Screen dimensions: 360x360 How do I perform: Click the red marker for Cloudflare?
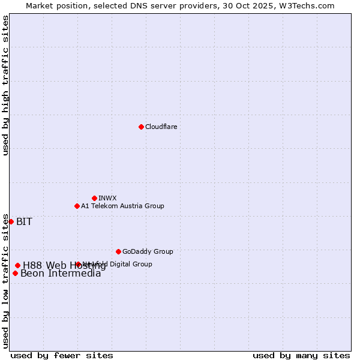click(141, 127)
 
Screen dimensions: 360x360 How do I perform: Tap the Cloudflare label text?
click(161, 127)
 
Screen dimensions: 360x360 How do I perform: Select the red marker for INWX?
click(94, 198)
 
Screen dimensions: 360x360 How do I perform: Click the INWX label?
click(107, 198)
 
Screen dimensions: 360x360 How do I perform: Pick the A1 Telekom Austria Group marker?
click(77, 206)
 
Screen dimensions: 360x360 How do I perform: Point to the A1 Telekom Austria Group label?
click(122, 206)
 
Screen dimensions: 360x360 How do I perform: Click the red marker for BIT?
click(11, 221)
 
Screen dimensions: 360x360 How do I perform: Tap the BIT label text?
click(24, 221)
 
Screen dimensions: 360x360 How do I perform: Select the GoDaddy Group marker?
click(118, 251)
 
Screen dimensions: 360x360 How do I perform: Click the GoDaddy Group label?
click(148, 251)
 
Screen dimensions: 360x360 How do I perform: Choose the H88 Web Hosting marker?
click(17, 265)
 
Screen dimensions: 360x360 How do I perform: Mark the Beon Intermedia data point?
click(15, 273)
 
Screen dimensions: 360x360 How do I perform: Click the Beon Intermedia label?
click(61, 274)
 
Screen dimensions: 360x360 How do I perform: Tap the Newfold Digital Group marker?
click(78, 264)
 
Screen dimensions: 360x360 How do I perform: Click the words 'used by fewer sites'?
click(62, 355)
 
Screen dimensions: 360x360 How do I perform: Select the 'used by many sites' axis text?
click(301, 355)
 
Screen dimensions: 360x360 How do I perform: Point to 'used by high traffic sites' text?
click(5, 86)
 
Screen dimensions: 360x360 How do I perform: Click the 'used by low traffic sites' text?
click(5, 281)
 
